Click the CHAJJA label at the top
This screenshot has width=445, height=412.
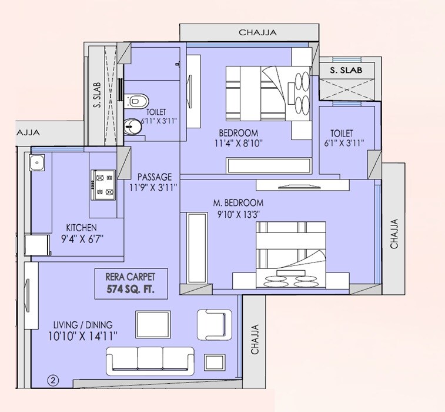[x=257, y=33]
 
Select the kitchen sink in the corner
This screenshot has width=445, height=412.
[x=36, y=161]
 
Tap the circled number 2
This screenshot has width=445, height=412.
[x=53, y=380]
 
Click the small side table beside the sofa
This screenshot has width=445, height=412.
[x=212, y=362]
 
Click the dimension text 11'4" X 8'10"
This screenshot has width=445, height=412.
[x=237, y=142]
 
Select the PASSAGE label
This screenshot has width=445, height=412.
[x=155, y=177]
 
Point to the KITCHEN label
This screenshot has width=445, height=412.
[x=82, y=227]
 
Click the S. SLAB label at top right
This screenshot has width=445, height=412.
[x=346, y=70]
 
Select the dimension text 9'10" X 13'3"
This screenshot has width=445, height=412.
[x=237, y=215]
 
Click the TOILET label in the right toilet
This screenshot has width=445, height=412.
[x=342, y=133]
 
